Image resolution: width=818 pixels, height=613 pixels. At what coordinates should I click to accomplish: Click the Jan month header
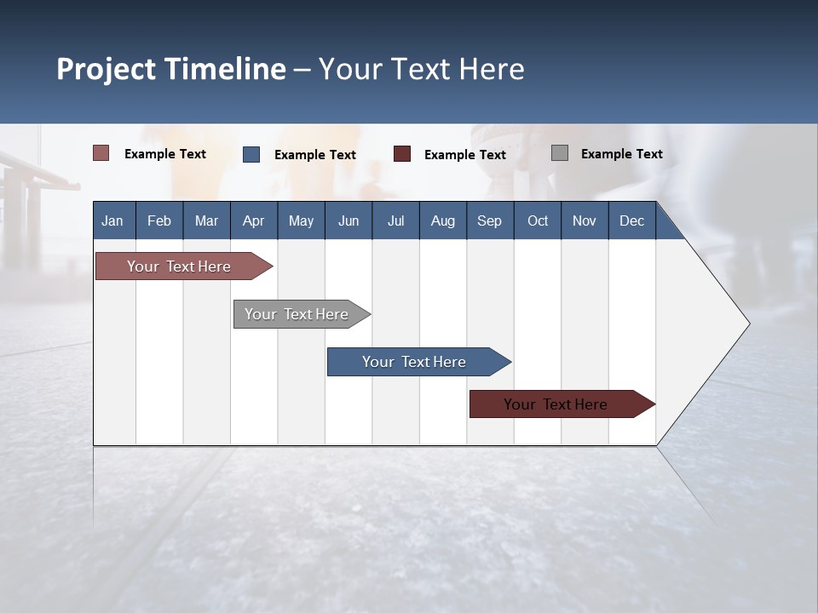(113, 221)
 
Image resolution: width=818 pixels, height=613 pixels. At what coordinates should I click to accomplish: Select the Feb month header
(159, 221)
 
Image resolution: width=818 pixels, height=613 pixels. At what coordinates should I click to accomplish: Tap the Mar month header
(206, 221)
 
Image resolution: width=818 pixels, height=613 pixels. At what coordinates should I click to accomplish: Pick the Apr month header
(254, 221)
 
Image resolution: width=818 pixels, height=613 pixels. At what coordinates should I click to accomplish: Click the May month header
(301, 221)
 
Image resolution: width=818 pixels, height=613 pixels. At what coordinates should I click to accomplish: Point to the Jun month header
(349, 221)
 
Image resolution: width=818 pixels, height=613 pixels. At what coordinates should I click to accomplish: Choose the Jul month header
(395, 221)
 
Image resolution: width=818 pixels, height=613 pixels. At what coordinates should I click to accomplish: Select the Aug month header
(443, 221)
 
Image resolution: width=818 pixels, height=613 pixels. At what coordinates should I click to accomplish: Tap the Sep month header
(490, 221)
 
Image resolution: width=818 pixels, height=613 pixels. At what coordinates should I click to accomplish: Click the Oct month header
(538, 221)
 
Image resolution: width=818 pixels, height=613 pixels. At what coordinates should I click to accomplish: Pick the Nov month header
(585, 221)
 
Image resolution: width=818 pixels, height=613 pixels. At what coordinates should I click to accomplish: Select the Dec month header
(632, 221)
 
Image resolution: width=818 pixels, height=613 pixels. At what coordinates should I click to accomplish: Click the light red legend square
(101, 153)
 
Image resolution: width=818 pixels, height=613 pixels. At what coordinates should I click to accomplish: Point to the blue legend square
(251, 154)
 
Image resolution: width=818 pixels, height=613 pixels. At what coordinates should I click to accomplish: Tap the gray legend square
(560, 153)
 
